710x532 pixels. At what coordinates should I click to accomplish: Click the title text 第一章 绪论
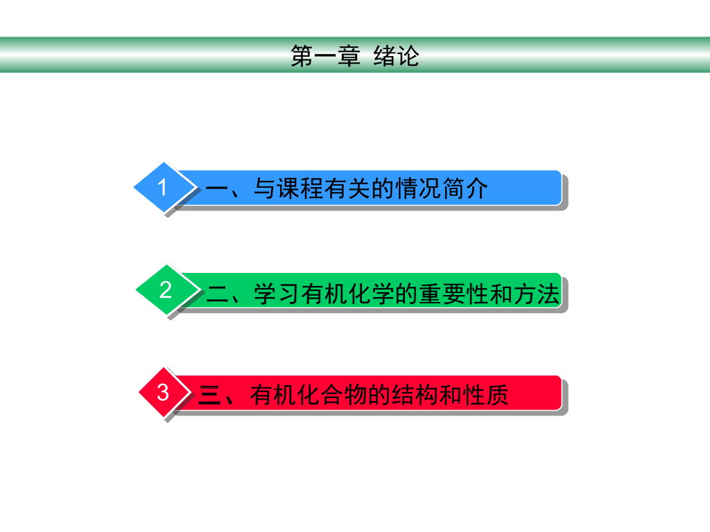point(355,56)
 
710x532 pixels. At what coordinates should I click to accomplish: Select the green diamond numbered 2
point(164,290)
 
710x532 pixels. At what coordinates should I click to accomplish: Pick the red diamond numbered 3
point(163,392)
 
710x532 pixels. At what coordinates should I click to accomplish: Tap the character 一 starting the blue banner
point(218,188)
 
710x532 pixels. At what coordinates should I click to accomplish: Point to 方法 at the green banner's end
point(535,294)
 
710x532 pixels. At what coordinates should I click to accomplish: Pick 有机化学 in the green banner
point(347,294)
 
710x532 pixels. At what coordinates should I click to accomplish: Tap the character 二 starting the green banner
point(218,294)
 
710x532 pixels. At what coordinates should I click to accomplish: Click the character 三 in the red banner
point(209,395)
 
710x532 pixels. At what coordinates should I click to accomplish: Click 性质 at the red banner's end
point(485,395)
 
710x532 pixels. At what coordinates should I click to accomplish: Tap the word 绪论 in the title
point(396,56)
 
